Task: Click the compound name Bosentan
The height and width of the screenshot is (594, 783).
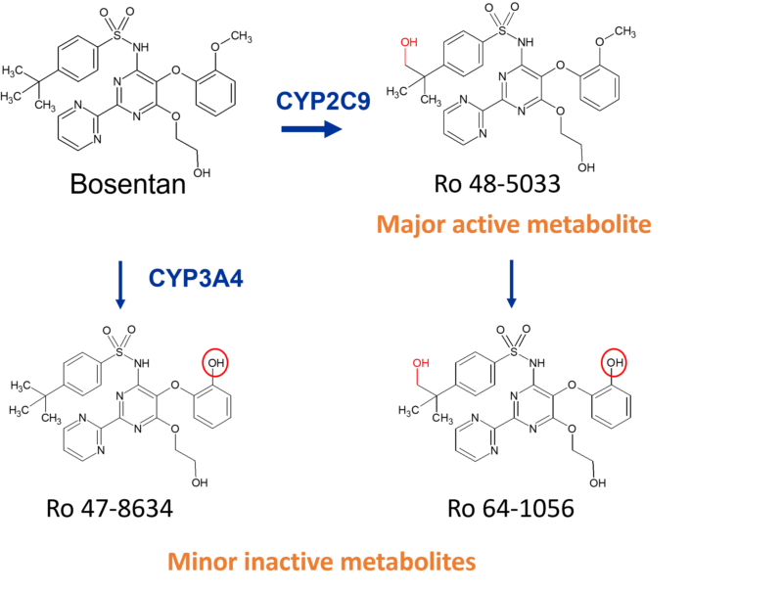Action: [128, 184]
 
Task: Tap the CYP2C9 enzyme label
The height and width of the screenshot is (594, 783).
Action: [323, 101]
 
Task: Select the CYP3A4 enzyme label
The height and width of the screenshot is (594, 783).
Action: [196, 278]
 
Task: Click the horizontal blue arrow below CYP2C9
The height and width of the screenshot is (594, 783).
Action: [311, 129]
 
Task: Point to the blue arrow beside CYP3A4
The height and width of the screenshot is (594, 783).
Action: [119, 284]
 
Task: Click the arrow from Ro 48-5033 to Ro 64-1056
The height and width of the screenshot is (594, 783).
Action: [511, 284]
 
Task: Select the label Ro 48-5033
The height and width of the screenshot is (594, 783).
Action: [497, 183]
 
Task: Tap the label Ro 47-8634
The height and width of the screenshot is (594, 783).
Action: [110, 509]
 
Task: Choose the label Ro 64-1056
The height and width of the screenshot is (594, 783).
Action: [511, 509]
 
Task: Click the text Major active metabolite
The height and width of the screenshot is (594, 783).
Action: [514, 224]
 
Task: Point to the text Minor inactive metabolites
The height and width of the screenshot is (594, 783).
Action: [322, 561]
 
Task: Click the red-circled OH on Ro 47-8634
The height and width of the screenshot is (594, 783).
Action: [214, 363]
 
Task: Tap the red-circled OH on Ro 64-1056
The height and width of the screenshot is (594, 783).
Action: [615, 363]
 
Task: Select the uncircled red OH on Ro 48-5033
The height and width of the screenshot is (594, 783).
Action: [409, 42]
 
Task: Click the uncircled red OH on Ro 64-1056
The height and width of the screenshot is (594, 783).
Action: [421, 363]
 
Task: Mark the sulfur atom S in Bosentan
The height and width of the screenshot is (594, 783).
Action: [116, 35]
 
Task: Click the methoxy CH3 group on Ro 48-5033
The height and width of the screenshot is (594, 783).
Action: [625, 32]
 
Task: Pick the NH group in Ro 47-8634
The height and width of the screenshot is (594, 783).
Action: [141, 363]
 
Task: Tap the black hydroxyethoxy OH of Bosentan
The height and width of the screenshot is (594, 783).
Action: [202, 173]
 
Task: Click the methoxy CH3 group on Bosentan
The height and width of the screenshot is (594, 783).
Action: [241, 36]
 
